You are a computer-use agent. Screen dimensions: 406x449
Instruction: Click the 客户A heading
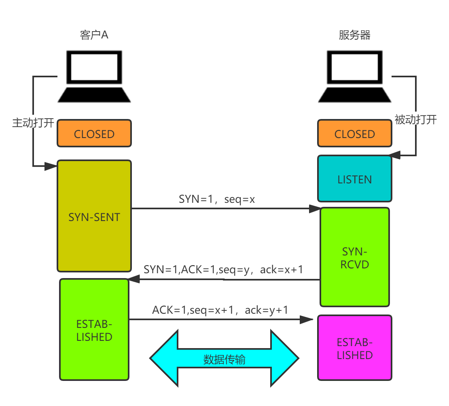pyautogui.click(x=94, y=35)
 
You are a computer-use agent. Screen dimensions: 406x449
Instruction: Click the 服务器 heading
pyautogui.click(x=354, y=35)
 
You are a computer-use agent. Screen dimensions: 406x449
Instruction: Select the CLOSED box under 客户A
pyautogui.click(x=94, y=134)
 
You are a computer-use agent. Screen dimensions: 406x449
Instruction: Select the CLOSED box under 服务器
pyautogui.click(x=354, y=134)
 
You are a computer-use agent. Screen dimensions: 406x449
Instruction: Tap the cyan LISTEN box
pyautogui.click(x=354, y=179)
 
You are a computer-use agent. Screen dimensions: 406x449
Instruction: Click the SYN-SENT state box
pyautogui.click(x=94, y=217)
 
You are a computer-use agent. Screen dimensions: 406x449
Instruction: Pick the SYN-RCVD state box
pyautogui.click(x=354, y=257)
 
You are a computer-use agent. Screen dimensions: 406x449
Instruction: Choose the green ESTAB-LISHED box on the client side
pyautogui.click(x=94, y=330)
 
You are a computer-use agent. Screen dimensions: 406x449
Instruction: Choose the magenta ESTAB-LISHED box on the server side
pyautogui.click(x=354, y=349)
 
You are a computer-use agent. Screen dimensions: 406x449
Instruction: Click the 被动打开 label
pyautogui.click(x=415, y=119)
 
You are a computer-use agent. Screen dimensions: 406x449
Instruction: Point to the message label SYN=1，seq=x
pyautogui.click(x=216, y=198)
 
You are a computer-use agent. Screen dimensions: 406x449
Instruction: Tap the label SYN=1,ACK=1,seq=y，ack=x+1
pyautogui.click(x=224, y=269)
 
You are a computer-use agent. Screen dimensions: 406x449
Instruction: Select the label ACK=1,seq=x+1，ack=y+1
pyautogui.click(x=220, y=310)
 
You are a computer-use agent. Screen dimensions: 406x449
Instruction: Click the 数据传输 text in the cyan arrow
pyautogui.click(x=224, y=359)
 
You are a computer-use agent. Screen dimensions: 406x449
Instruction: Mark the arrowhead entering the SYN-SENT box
pyautogui.click(x=51, y=166)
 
